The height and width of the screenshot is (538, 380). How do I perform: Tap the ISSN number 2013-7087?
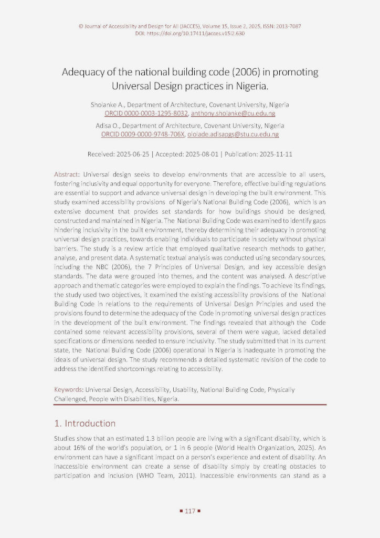click(285, 26)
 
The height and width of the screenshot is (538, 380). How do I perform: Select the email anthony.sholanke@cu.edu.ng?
click(233, 113)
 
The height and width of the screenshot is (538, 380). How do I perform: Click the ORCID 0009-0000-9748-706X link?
click(143, 134)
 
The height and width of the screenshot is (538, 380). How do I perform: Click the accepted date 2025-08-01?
click(199, 154)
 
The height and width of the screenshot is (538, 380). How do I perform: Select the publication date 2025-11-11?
click(274, 154)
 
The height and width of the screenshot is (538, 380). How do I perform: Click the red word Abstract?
click(67, 173)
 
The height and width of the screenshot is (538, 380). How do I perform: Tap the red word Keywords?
click(69, 390)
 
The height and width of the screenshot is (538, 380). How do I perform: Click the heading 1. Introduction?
click(85, 423)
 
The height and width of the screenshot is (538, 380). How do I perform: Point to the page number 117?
click(190, 510)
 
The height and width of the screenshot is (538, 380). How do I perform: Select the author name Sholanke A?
click(108, 105)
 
